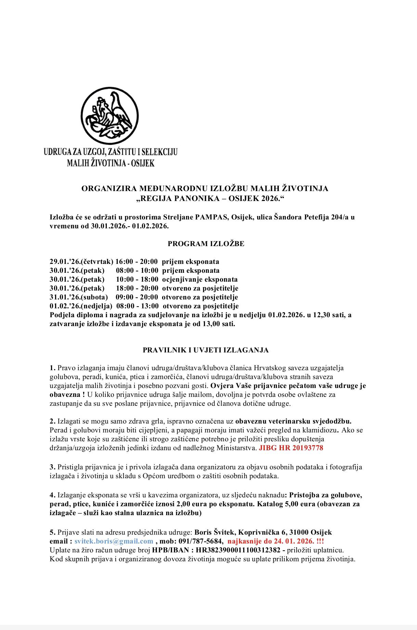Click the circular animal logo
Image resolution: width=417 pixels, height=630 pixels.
[x=110, y=116]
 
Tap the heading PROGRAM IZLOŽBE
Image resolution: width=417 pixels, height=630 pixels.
[x=206, y=244]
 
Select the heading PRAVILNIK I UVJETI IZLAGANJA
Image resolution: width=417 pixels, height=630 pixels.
[x=206, y=350]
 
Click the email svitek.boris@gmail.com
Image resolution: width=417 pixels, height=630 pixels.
[x=114, y=541]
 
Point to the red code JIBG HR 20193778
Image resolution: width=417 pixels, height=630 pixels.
[x=291, y=448]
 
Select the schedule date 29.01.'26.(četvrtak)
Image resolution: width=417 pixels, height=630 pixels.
[x=81, y=262]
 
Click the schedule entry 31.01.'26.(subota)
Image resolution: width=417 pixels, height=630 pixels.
[x=79, y=297]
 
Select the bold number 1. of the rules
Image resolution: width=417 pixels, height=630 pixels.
[x=52, y=368]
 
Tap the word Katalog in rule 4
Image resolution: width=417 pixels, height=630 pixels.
[x=270, y=504]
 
